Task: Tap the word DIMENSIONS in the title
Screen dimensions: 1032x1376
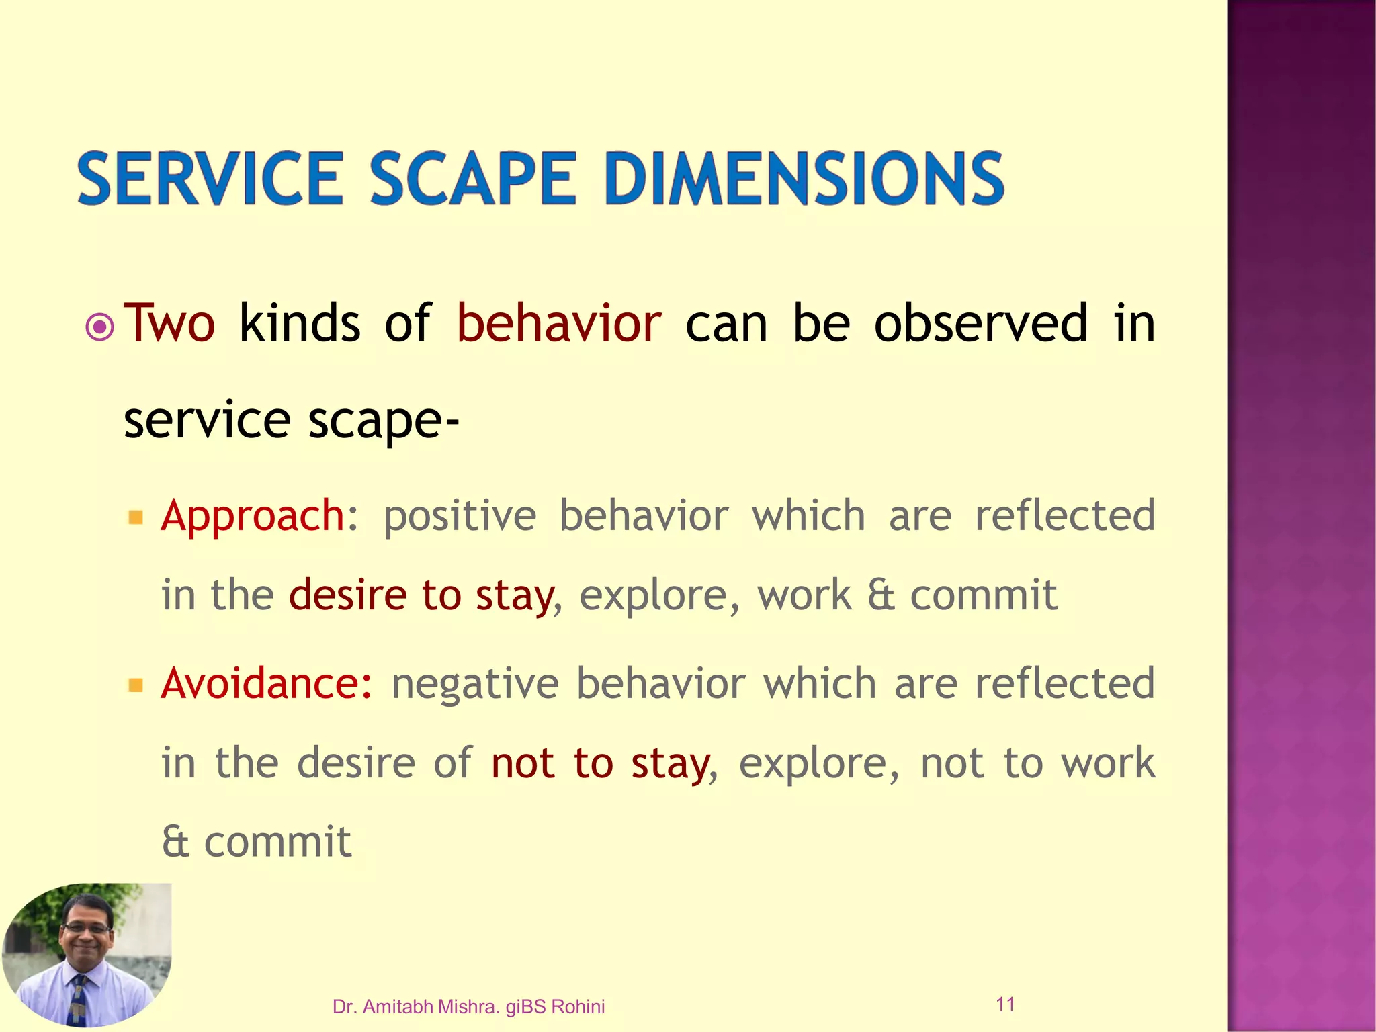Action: [804, 179]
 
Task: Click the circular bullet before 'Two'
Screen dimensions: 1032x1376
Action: [100, 327]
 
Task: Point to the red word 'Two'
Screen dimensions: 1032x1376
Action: [170, 324]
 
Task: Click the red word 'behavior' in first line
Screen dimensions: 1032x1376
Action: [558, 324]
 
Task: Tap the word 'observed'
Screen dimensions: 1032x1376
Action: [980, 324]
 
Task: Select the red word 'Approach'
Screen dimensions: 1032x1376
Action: [253, 517]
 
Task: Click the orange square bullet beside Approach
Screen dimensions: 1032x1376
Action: [136, 517]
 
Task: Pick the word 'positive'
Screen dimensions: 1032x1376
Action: [460, 517]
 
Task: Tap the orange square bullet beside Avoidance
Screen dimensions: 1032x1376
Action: [136, 685]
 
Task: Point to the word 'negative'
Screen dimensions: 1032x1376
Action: [474, 685]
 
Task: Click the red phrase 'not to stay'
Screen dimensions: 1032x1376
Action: [600, 765]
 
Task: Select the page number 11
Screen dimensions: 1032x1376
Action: [1005, 1004]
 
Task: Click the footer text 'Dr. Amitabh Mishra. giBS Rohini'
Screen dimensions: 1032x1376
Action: [468, 1006]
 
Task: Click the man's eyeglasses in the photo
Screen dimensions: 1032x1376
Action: [86, 928]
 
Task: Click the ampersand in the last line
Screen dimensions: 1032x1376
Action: [175, 843]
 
